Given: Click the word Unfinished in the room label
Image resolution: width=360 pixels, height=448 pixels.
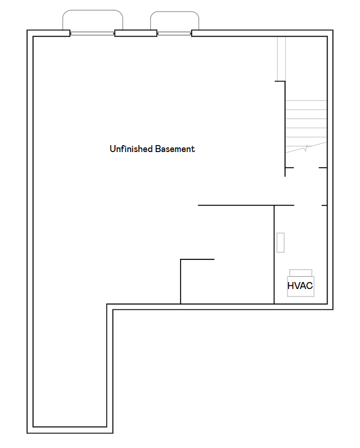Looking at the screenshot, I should pos(131,149).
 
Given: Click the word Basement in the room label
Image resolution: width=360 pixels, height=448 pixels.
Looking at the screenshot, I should pos(175,149).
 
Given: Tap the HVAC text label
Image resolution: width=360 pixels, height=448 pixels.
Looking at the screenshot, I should pos(300,286).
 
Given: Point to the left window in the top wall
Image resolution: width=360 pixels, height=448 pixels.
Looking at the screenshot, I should pos(92,34).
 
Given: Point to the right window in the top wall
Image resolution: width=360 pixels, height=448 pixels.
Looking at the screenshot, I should pos(174,34).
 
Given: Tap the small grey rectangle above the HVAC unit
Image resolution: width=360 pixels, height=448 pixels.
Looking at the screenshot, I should pos(280,243).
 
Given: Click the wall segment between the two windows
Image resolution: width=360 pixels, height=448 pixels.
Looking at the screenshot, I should pos(136,33).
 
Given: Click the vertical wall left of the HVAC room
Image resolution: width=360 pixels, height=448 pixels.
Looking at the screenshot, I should pos(274,255).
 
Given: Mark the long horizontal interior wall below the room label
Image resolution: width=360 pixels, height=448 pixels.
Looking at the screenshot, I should pos(244,205).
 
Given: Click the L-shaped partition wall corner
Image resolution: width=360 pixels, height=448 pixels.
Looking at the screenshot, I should pos(181,260).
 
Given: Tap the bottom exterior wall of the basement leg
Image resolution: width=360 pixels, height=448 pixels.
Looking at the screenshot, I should pos(70,429).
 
